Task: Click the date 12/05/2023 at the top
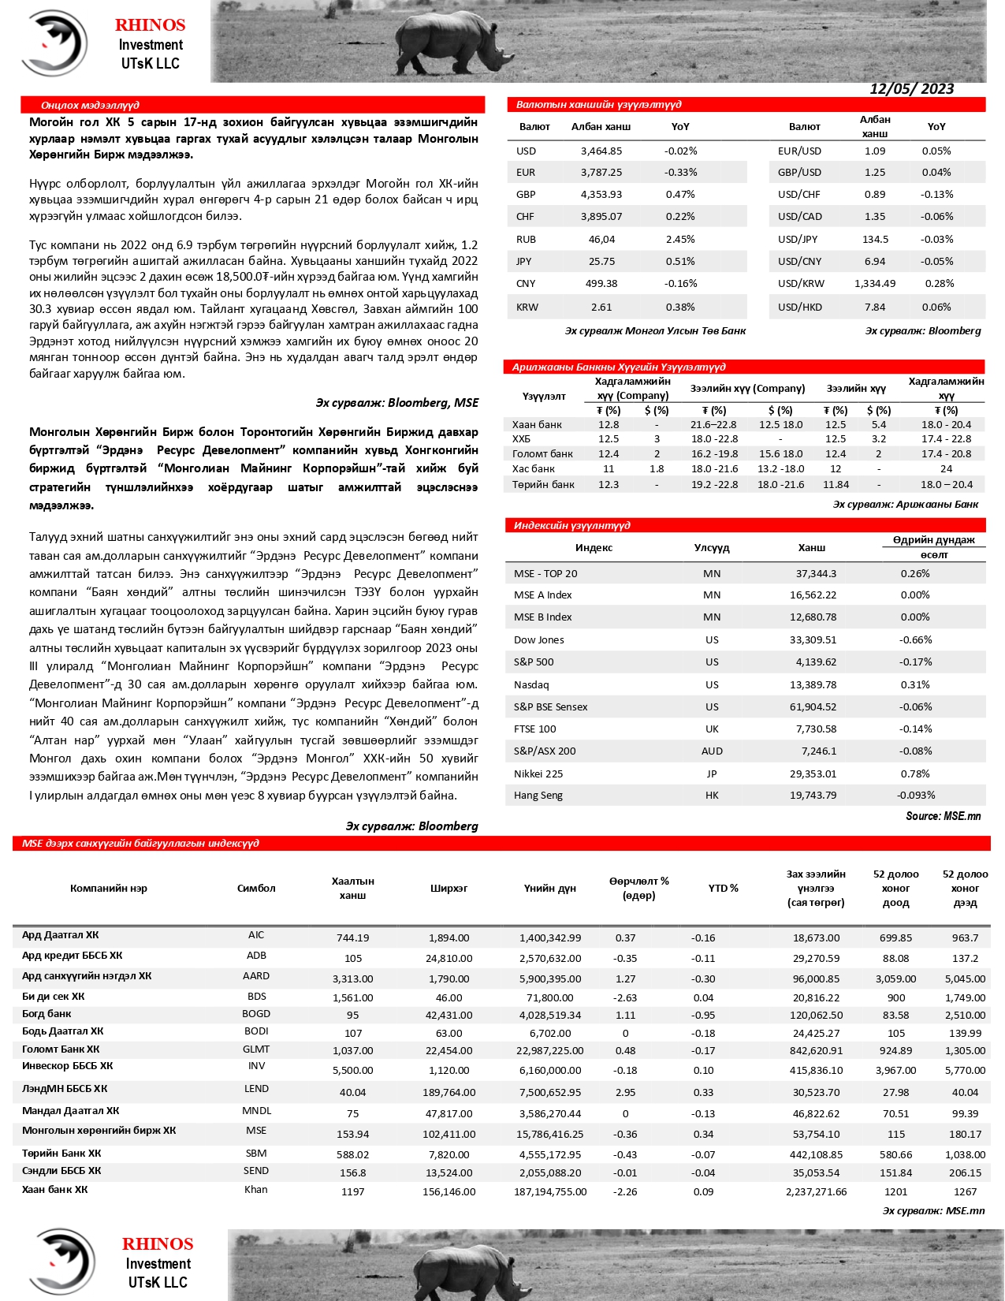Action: coord(911,89)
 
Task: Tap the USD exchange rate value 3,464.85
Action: coord(601,151)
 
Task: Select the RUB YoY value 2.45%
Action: coord(679,239)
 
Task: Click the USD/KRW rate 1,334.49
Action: coord(874,284)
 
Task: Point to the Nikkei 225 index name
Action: coord(538,774)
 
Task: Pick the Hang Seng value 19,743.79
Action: coord(813,795)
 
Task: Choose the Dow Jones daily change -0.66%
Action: coord(915,639)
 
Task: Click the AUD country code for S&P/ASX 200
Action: coord(712,751)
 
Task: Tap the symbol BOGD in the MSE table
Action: coord(256,1014)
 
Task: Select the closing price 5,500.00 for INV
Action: coord(352,1070)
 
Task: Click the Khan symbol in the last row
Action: coord(256,1190)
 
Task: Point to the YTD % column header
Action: coord(723,888)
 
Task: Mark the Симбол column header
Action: coord(256,888)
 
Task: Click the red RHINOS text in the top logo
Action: coord(150,25)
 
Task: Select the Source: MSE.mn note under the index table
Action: coord(943,816)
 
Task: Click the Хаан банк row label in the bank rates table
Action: coord(537,424)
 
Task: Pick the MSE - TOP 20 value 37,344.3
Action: coord(816,573)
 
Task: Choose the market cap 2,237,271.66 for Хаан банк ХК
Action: coord(816,1191)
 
